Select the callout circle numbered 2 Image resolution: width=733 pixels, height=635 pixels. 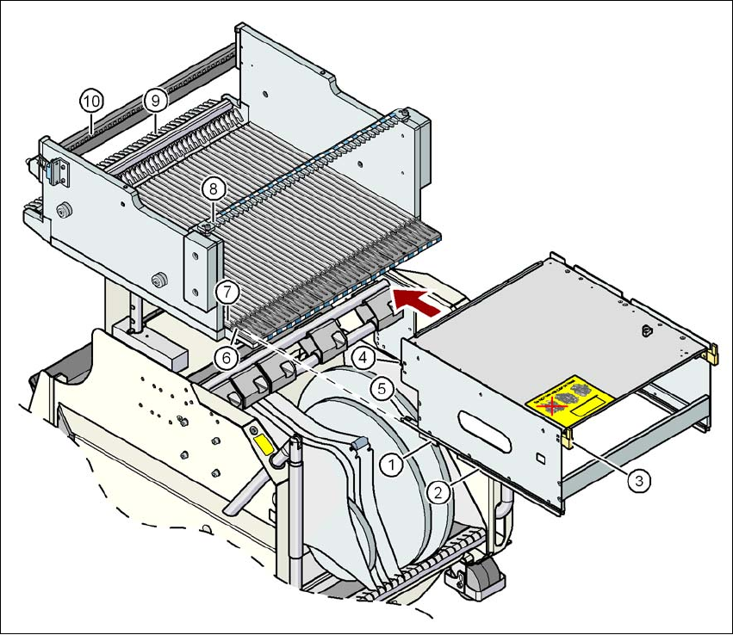click(x=438, y=492)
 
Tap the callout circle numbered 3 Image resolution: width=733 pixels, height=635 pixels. click(x=637, y=481)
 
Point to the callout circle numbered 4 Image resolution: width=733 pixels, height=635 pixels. click(x=363, y=354)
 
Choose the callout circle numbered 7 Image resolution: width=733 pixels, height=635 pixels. click(x=227, y=291)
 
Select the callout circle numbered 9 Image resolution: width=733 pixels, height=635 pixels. click(x=155, y=100)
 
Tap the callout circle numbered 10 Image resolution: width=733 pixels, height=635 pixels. click(x=91, y=100)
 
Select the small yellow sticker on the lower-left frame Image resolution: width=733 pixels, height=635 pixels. click(x=260, y=445)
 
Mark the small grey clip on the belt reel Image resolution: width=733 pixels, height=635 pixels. click(x=359, y=442)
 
